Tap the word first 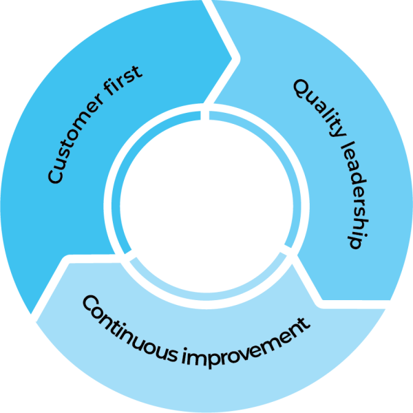point(127,83)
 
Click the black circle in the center point(206,206)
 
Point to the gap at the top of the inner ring point(205,114)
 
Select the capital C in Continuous point(90,303)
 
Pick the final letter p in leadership point(352,242)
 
